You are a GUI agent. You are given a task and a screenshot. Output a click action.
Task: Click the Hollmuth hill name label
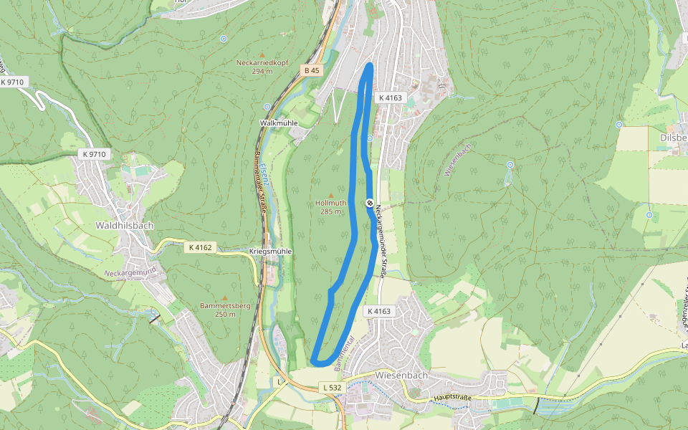[331, 203]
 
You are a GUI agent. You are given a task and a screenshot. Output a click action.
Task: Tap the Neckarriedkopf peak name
[262, 62]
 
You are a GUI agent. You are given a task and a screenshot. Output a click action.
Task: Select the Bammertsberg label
[225, 306]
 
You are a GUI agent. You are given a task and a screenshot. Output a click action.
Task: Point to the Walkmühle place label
[278, 123]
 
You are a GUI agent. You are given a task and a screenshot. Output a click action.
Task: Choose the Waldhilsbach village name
[125, 225]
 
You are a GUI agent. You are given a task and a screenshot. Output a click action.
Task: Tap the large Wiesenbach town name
[401, 375]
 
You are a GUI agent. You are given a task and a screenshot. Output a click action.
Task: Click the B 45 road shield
[311, 70]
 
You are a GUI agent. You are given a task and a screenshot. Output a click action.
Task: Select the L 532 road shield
[333, 388]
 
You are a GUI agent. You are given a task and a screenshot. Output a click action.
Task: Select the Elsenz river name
[266, 176]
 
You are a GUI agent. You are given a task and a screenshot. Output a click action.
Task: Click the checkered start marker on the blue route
[370, 203]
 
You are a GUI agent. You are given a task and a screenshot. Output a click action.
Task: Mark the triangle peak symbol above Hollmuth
[331, 194]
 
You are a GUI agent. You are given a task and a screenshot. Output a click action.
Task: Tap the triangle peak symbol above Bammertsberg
[225, 297]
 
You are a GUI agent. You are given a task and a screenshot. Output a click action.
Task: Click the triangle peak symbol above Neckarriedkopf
[262, 54]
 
